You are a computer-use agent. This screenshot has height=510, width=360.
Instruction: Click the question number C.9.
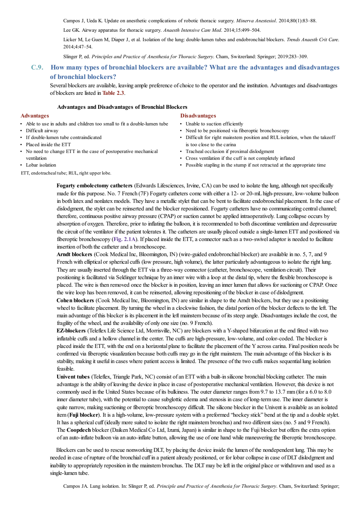coord(37,67)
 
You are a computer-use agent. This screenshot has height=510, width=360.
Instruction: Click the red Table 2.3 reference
coord(113,93)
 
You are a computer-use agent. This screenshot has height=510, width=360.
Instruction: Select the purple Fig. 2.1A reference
coord(125,239)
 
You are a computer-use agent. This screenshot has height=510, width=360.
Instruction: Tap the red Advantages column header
coord(35,116)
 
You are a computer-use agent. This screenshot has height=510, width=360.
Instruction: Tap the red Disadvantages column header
coord(198,116)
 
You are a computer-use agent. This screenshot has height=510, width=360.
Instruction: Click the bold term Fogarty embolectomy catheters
coord(94,185)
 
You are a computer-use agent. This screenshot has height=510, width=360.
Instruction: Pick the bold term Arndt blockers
coord(74,254)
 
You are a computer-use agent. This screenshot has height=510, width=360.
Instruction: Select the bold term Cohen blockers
coord(75,300)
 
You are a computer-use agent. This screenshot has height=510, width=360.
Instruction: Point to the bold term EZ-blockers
coord(71,331)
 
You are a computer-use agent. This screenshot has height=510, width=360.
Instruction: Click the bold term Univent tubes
coord(73,377)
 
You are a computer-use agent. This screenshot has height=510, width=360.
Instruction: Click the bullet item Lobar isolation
coord(41,165)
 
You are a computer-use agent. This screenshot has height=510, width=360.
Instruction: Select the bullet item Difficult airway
coord(42,130)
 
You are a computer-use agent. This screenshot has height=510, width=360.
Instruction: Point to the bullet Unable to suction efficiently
coord(214,124)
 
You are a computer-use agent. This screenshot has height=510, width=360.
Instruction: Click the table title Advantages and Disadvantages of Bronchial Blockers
coord(122,107)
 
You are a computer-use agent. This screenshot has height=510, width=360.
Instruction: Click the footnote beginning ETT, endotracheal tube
coord(66,173)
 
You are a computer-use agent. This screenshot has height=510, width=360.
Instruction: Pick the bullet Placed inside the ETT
coord(48,144)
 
